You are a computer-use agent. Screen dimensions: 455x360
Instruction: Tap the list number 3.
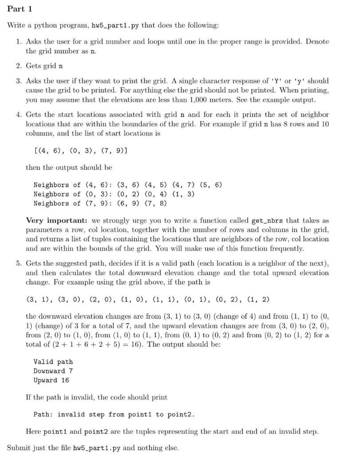pyautogui.click(x=19, y=81)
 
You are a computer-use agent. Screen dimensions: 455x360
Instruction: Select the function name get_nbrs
pyautogui.click(x=267, y=220)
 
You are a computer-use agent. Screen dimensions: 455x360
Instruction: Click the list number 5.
pyautogui.click(x=19, y=263)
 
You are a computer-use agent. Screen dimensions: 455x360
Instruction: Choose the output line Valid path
pyautogui.click(x=53, y=362)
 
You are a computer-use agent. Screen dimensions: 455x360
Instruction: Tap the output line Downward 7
pyautogui.click(x=53, y=371)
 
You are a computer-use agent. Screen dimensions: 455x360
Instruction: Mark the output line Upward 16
pyautogui.click(x=51, y=380)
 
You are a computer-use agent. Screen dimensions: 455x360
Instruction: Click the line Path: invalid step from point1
pyautogui.click(x=114, y=415)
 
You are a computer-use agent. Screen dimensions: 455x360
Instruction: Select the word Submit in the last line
pyautogui.click(x=19, y=447)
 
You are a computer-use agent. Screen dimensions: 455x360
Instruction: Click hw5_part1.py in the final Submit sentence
pyautogui.click(x=97, y=447)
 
